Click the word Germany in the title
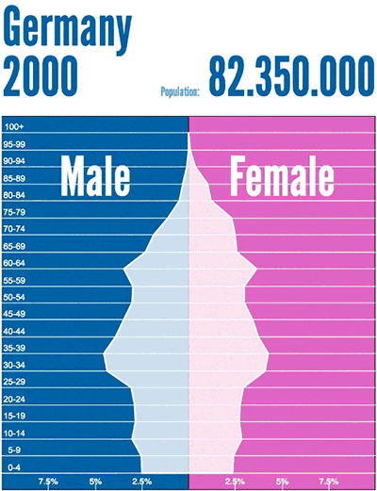67,29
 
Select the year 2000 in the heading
41,76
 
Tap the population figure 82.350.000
292,76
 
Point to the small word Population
180,91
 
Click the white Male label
95,175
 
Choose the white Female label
282,175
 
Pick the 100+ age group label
14,127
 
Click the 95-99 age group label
14,144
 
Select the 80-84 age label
14,195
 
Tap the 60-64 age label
14,263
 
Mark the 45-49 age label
14,314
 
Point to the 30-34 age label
14,365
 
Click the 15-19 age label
14,416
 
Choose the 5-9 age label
14,450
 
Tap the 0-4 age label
14,467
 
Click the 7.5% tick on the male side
48,482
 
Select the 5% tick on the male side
95,482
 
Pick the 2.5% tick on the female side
235,482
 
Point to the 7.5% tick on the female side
329,482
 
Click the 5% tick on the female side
282,482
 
